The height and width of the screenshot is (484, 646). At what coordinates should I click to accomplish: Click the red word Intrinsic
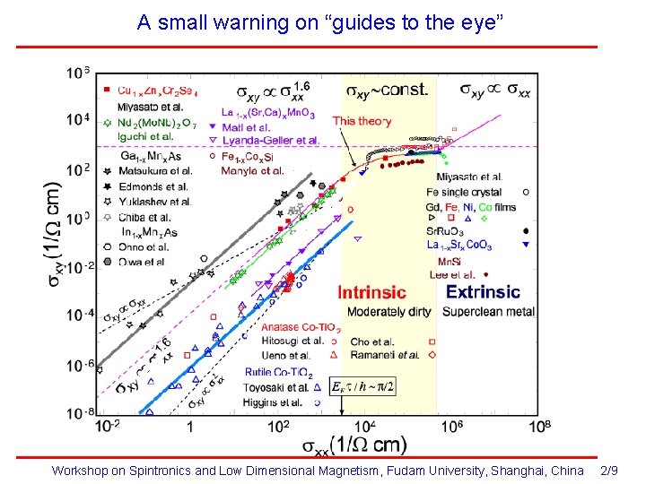pos(371,292)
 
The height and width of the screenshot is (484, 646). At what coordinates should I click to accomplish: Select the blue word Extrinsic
pos(483,291)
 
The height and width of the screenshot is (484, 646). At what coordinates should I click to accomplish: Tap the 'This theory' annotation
pos(362,121)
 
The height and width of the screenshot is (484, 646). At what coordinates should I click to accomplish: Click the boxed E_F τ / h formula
pos(362,386)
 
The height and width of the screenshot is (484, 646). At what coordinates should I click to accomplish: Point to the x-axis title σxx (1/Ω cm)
pos(354,445)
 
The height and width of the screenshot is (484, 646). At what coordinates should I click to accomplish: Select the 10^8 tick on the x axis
pos(539,427)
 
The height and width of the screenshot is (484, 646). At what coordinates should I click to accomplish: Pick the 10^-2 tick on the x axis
pos(108,427)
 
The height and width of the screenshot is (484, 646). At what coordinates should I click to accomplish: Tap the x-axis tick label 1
pos(190,428)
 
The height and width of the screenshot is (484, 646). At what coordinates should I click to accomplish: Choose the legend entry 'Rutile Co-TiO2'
pos(278,372)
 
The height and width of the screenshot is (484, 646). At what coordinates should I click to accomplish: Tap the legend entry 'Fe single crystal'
pos(471,192)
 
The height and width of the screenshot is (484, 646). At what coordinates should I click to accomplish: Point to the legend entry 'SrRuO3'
pos(446,230)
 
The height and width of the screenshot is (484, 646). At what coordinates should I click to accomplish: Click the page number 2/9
pos(609,471)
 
